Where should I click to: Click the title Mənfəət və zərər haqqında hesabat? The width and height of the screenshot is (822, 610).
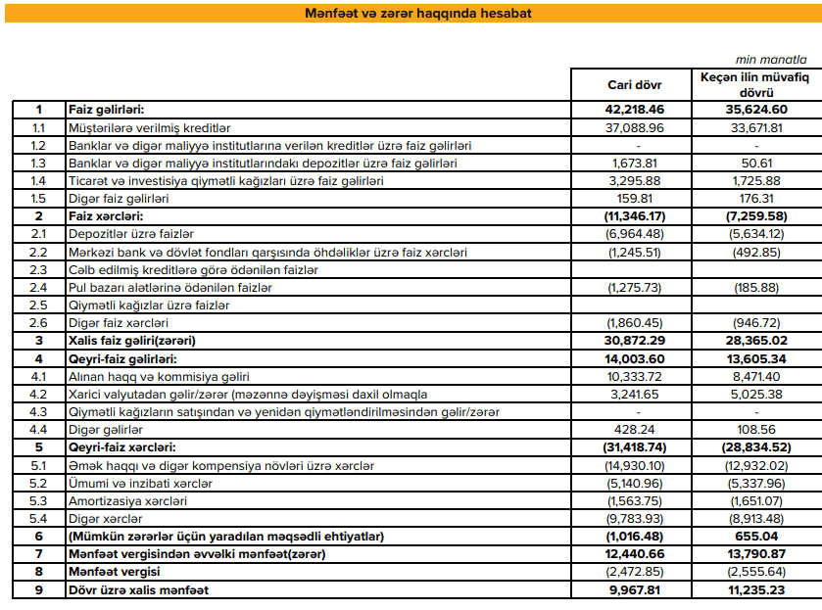point(410,13)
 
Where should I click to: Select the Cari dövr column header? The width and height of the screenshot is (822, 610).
point(635,84)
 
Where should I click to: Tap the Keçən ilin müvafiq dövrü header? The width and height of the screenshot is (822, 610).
point(752,83)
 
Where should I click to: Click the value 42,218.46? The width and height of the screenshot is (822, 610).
point(635,110)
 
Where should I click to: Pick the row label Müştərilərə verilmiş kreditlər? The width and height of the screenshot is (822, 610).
point(149,127)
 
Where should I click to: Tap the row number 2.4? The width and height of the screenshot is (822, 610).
point(38,288)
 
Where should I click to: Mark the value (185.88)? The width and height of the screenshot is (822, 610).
point(755,288)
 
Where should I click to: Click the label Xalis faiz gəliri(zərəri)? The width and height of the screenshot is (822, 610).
point(132,341)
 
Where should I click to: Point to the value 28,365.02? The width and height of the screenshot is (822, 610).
point(755,341)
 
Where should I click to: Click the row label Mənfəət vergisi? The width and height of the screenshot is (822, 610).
point(114,572)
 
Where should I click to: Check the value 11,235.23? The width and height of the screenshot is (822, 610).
point(755,590)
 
